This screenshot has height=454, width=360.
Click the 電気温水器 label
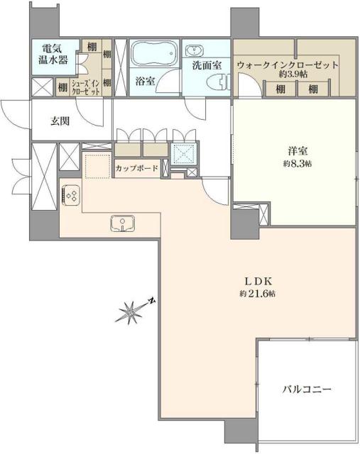[x=54, y=55]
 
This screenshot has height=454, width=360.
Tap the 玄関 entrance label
[x=60, y=121]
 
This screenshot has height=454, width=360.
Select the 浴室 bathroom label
[x=146, y=81]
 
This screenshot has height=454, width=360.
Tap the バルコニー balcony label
[x=307, y=389]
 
